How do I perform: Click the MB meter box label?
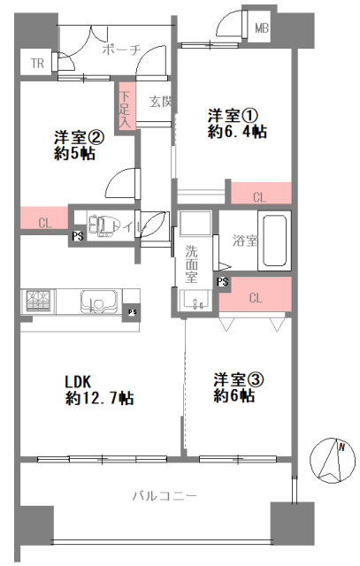tap(262, 27)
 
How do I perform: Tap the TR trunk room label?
tap(37, 64)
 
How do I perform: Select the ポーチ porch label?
tap(121, 50)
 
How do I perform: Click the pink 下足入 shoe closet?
tap(125, 106)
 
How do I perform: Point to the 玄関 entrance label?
tap(160, 103)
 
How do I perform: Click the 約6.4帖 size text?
tap(237, 132)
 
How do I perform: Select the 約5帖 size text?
tap(75, 154)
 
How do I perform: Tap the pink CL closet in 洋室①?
tap(261, 193)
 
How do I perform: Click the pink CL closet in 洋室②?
tap(44, 218)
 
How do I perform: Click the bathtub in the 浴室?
tap(274, 241)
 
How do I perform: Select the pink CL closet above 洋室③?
tap(256, 294)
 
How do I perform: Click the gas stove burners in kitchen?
tap(38, 301)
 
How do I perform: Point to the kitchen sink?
tap(99, 301)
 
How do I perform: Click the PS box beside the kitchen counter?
tap(132, 312)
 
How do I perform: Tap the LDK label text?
tap(77, 381)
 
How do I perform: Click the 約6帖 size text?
tap(234, 396)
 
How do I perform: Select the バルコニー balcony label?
tap(165, 495)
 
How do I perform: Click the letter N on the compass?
tap(341, 447)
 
